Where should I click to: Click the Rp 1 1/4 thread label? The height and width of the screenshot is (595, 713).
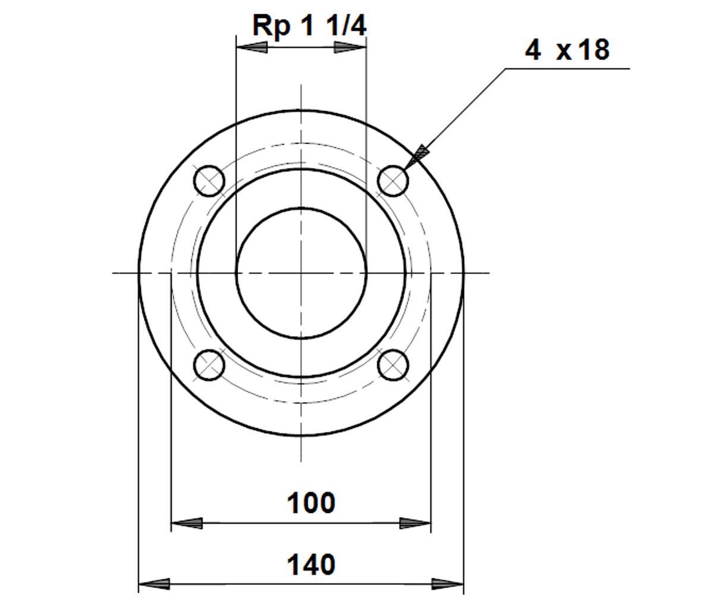click(310, 26)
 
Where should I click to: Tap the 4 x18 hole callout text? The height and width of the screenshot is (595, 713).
click(567, 50)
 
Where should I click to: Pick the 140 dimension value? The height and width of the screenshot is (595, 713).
click(311, 565)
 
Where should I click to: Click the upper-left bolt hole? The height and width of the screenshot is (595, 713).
click(209, 181)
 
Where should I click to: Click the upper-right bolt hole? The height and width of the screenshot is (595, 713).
click(393, 181)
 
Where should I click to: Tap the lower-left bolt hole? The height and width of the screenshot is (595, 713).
click(209, 365)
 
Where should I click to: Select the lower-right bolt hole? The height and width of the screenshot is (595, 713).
click(393, 365)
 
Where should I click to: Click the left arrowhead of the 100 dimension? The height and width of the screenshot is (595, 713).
click(187, 523)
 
